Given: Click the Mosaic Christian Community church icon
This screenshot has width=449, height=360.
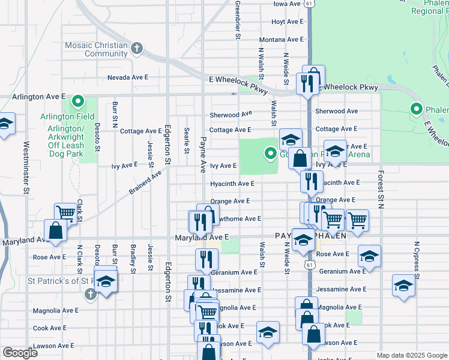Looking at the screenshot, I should pos(137,49).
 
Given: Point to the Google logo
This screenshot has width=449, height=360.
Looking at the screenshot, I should pos(20,353).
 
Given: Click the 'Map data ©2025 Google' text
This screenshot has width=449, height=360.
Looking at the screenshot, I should pos(412,355).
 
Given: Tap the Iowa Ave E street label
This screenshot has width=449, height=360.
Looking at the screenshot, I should pos(287,4).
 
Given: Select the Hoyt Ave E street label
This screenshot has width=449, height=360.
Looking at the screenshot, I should pos(287,22).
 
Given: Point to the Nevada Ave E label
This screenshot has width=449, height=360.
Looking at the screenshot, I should pos(127,77).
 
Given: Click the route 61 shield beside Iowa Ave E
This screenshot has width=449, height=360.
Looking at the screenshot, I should pos(309,4).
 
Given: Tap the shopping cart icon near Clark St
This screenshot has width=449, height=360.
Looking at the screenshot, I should pos(65,213).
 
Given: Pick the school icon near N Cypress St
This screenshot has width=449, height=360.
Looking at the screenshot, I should pos(403,286).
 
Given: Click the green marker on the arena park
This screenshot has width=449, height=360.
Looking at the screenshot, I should pos(271,154).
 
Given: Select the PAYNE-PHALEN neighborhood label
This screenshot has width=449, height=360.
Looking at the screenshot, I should pos(311,236).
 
